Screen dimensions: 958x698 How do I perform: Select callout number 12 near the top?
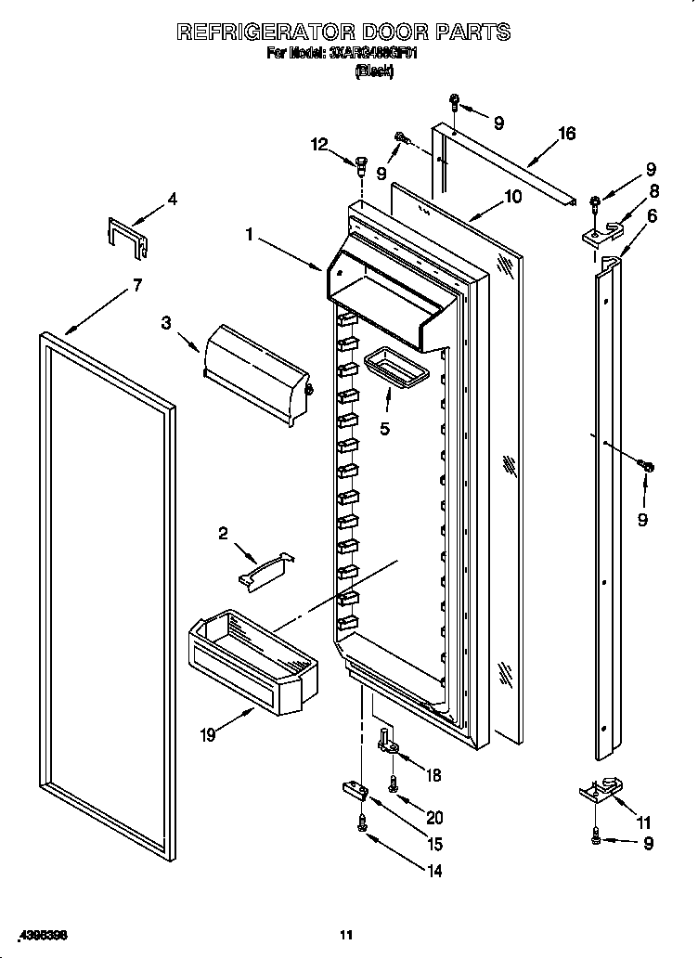(319, 144)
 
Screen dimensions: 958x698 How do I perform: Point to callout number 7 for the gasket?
(137, 286)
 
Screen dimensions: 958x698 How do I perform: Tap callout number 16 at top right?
(566, 134)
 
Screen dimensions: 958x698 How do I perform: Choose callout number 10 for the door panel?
(512, 197)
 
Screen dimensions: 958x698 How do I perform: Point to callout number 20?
(433, 818)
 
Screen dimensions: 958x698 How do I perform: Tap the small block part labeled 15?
(355, 789)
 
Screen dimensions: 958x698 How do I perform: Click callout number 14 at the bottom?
(433, 871)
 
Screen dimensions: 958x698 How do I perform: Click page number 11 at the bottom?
(345, 934)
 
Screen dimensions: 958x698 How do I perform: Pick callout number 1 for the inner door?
(249, 236)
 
